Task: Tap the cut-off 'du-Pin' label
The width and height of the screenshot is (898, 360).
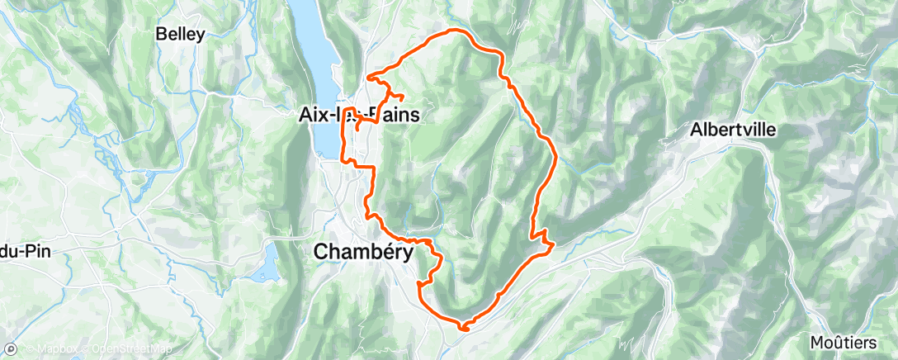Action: pos(26,250)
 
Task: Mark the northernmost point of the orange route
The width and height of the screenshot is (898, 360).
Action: pos(452,31)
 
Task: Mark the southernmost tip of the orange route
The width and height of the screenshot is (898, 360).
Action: pos(463,329)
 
